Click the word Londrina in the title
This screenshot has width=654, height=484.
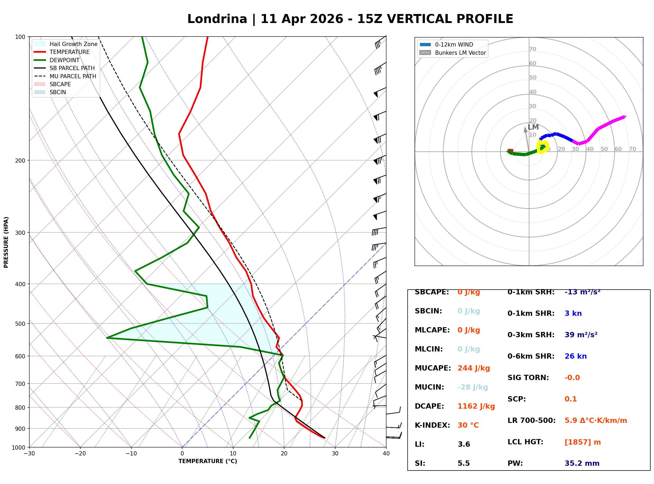tap(217, 19)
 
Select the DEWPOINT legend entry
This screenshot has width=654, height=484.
tap(65, 60)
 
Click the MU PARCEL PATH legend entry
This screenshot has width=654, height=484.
tap(73, 76)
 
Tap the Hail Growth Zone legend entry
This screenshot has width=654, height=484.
tap(73, 44)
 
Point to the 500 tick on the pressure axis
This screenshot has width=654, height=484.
tap(20, 324)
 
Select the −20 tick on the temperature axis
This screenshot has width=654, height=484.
tap(80, 454)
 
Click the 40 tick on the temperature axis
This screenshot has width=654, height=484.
tap(386, 454)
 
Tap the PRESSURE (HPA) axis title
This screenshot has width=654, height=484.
tap(6, 242)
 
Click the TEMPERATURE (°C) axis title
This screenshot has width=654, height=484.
tap(208, 461)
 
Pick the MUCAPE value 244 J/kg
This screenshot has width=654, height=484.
tap(474, 368)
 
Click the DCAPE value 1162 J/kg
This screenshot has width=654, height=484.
tap(476, 406)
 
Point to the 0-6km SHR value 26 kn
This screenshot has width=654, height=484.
tap(575, 356)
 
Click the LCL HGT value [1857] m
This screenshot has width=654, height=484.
tap(583, 442)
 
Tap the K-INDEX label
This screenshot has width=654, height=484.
tap(432, 425)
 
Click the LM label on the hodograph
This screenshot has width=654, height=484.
tap(533, 127)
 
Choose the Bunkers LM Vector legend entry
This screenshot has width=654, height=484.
tap(460, 53)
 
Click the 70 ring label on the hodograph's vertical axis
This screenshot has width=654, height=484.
tap(532, 49)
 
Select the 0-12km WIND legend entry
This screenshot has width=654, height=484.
tap(454, 44)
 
